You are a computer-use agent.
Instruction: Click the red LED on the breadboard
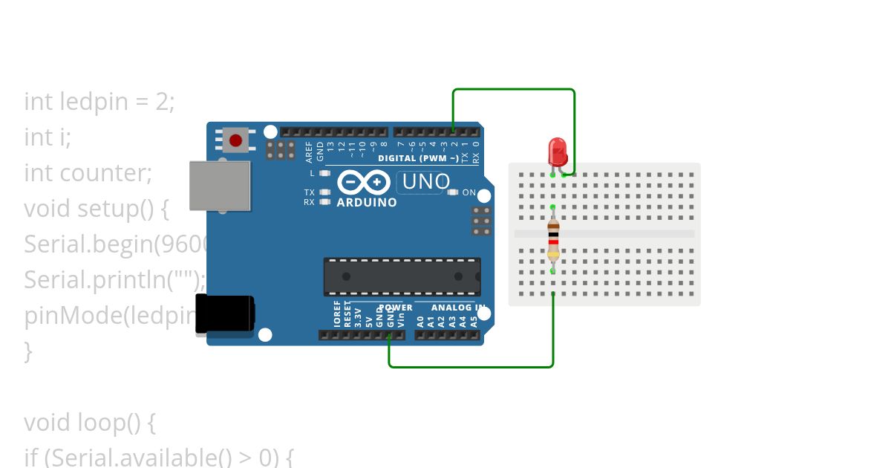click(558, 151)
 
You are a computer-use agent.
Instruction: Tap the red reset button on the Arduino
click(235, 140)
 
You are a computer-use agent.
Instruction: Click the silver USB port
click(220, 185)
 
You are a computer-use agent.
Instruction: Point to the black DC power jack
click(224, 313)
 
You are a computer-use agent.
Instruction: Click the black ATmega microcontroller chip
click(402, 276)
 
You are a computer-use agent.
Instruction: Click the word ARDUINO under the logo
click(367, 202)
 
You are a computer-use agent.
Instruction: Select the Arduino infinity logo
click(364, 182)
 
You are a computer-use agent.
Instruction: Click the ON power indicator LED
click(454, 192)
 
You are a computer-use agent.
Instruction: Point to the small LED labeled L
click(324, 173)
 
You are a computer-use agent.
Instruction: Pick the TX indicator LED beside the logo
click(324, 192)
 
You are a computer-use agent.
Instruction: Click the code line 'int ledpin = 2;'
click(99, 101)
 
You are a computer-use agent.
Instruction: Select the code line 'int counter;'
click(88, 173)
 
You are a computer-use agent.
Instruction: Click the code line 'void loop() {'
click(90, 423)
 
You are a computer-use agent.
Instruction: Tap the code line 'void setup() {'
click(97, 209)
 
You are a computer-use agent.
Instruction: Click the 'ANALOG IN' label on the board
click(458, 308)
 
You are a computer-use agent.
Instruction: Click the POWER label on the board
click(396, 308)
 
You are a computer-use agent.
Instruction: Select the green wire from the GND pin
click(471, 366)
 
